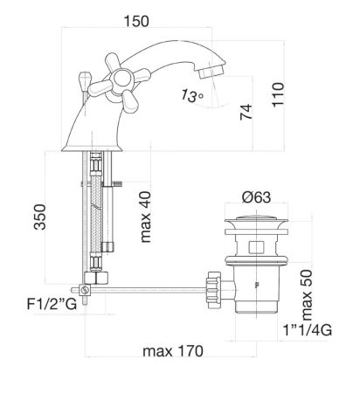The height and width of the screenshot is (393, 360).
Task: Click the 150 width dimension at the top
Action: [136, 22]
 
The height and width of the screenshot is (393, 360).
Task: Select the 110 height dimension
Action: [278, 95]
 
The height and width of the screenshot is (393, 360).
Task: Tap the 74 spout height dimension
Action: [246, 112]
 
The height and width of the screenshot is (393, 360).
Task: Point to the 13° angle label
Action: [191, 96]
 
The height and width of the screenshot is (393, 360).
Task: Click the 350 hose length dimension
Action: [39, 217]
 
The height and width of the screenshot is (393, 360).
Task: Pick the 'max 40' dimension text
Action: [145, 217]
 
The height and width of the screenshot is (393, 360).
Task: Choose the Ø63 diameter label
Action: [256, 197]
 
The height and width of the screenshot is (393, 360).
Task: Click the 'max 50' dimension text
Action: [306, 295]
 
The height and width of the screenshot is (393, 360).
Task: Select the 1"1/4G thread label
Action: [308, 330]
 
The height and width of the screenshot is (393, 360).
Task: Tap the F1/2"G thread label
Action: [52, 305]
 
